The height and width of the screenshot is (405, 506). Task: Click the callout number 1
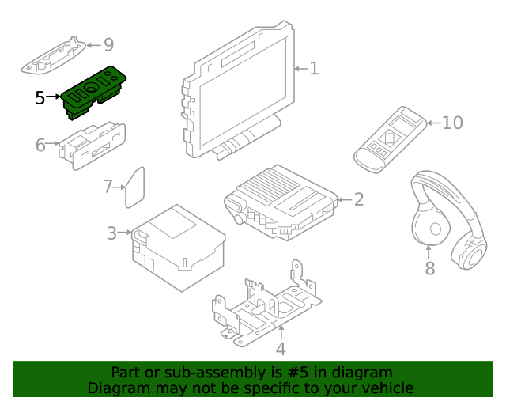(x=314, y=69)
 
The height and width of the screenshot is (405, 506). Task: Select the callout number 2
(x=358, y=199)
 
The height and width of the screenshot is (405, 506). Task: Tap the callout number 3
(x=112, y=233)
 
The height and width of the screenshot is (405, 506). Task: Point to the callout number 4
(x=281, y=349)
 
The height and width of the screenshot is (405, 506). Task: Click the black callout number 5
(x=40, y=98)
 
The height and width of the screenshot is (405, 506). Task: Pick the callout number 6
(x=40, y=145)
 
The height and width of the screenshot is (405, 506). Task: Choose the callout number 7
(x=108, y=187)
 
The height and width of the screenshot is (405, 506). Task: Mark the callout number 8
(x=430, y=269)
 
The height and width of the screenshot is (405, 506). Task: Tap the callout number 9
(x=108, y=45)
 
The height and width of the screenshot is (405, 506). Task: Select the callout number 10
(x=452, y=123)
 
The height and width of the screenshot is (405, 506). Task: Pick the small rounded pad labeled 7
(x=135, y=187)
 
